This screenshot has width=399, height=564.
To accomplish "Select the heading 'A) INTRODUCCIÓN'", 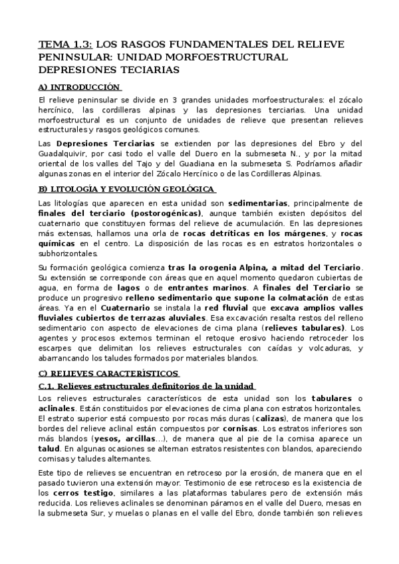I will click(79, 87).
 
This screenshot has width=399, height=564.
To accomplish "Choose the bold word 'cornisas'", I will click(239, 429).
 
